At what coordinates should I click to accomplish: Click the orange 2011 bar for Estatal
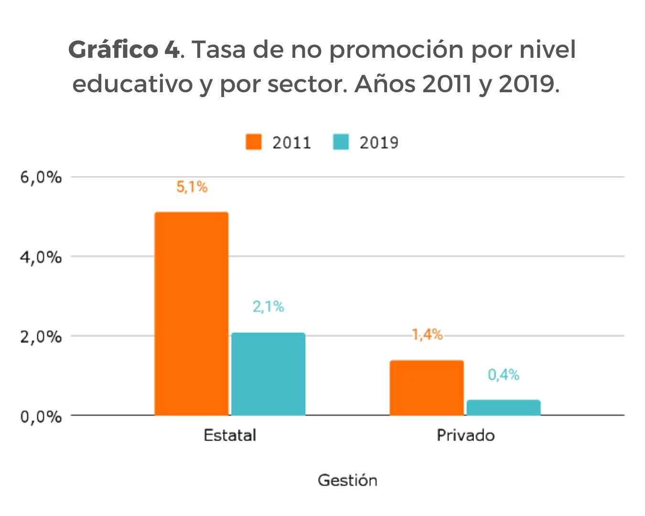[x=191, y=313]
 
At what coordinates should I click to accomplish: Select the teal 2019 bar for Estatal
[x=268, y=374]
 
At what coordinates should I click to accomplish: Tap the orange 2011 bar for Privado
[x=427, y=387]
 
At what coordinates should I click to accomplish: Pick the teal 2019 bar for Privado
[x=504, y=408]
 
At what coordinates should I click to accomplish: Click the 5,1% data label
[x=192, y=187]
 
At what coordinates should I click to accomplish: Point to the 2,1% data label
[x=269, y=306]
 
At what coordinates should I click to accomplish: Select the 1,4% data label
[x=427, y=334]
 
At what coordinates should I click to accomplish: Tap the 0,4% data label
[x=504, y=375]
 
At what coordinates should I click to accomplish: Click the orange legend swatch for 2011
[x=254, y=142]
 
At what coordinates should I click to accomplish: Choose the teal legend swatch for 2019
[x=341, y=142]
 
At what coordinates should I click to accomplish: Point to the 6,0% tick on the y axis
[x=41, y=177]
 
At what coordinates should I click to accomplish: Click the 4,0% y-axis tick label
[x=41, y=257]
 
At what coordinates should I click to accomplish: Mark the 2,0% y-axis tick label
[x=41, y=337]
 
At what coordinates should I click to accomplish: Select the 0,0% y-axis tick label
[x=41, y=417]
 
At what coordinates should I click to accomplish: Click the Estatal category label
[x=230, y=435]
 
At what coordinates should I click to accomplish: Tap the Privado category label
[x=465, y=435]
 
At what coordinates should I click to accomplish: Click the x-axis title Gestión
[x=347, y=480]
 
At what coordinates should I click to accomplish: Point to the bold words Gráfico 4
[x=124, y=50]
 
